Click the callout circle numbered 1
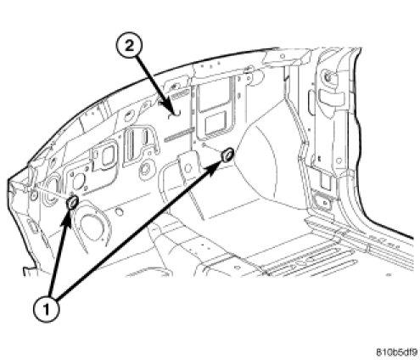(x=47, y=309)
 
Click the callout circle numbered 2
(x=129, y=46)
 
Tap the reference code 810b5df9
(x=396, y=352)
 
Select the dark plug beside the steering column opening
(x=72, y=202)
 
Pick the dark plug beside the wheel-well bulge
(x=227, y=155)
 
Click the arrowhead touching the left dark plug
(x=67, y=218)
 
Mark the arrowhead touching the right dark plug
(x=214, y=168)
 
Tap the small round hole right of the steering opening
(x=120, y=211)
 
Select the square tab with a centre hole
(x=188, y=167)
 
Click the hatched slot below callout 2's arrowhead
(x=178, y=134)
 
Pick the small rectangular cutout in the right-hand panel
(x=216, y=121)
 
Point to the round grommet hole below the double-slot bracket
(x=146, y=169)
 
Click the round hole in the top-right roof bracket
(x=282, y=56)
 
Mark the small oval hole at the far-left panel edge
(x=34, y=195)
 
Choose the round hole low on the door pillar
(x=339, y=160)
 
